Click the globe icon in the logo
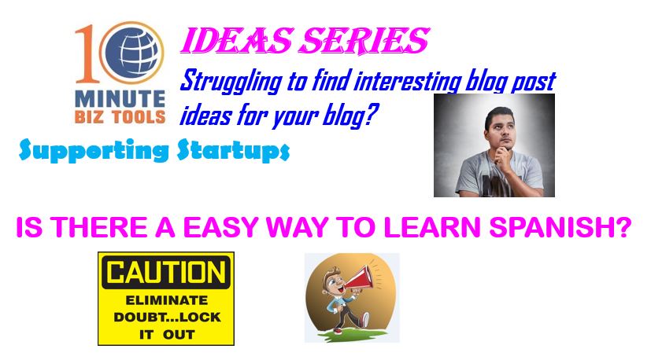click(132, 53)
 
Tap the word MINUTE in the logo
click(120, 99)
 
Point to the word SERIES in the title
click(364, 41)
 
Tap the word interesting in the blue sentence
click(407, 81)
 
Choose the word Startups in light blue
click(233, 150)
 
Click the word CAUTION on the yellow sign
click(166, 273)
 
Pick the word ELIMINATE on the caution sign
click(166, 299)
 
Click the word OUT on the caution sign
click(179, 335)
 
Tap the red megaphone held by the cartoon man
click(361, 277)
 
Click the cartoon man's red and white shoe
click(364, 320)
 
